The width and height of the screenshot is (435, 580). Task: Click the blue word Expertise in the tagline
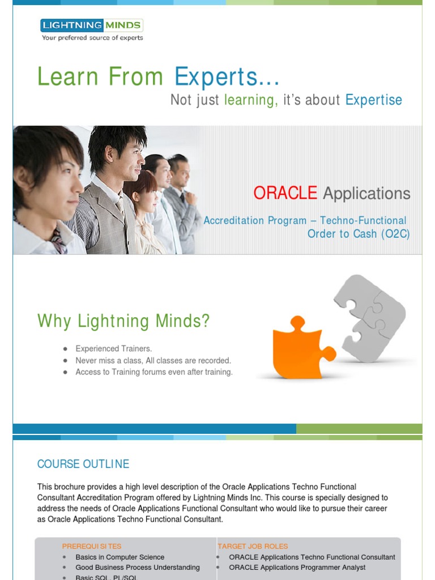pyautogui.click(x=374, y=100)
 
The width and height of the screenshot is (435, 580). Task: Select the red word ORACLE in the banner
pyautogui.click(x=285, y=193)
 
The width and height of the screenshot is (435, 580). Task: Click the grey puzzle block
pyautogui.click(x=370, y=318)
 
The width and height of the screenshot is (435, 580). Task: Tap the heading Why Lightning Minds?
pyautogui.click(x=123, y=321)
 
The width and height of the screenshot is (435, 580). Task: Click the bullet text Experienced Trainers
pyautogui.click(x=113, y=348)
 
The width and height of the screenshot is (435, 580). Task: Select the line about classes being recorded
pyautogui.click(x=153, y=360)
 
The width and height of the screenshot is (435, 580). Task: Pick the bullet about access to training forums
pyautogui.click(x=154, y=372)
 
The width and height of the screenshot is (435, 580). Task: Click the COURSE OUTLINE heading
pyautogui.click(x=83, y=464)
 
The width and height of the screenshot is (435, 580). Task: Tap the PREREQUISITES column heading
pyautogui.click(x=92, y=547)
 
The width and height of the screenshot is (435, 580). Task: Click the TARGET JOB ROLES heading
pyautogui.click(x=253, y=547)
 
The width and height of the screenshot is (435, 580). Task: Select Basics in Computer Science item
pyautogui.click(x=120, y=557)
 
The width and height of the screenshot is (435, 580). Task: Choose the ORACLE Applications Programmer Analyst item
pyautogui.click(x=297, y=568)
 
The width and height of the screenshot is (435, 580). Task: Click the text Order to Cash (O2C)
pyautogui.click(x=359, y=234)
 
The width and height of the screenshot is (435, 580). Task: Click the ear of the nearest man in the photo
pyautogui.click(x=22, y=180)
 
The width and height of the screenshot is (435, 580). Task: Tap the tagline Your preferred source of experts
pyautogui.click(x=92, y=38)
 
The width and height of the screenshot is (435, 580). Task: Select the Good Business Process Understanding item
pyautogui.click(x=138, y=568)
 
